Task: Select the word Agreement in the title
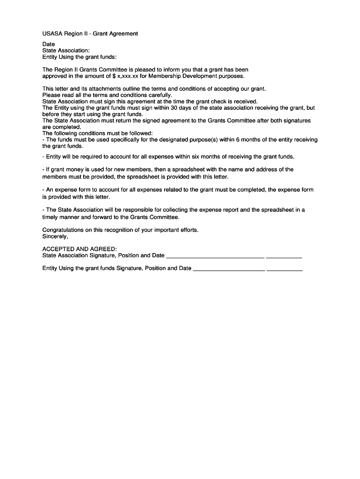(122, 34)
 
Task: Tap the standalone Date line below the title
(49, 44)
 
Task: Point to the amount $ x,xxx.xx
(125, 76)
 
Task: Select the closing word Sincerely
(55, 236)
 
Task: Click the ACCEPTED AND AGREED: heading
(79, 249)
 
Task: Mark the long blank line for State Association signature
(215, 257)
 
